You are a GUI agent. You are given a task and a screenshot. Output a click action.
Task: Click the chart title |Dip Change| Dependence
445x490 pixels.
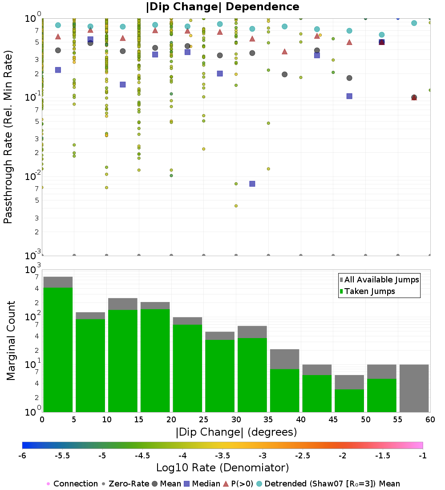(222, 7)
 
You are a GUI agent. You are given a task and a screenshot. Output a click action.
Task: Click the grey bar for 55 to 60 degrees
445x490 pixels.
(414, 388)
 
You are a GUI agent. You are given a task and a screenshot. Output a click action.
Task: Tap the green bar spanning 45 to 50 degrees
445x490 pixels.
(349, 400)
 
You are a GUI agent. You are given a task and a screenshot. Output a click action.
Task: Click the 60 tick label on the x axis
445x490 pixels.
(430, 419)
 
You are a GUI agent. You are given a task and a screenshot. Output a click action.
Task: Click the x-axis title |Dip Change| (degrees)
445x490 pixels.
(236, 432)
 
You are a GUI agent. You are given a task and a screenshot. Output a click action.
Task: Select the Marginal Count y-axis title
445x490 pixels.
(11, 341)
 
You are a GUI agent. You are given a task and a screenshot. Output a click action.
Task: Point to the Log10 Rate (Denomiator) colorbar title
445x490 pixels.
(222, 467)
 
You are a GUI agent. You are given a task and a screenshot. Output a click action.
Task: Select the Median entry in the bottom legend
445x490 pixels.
(202, 484)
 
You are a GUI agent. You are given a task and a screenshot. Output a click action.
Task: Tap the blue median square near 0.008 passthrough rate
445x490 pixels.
(252, 184)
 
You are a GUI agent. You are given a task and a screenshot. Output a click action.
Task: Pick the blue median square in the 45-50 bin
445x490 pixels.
(349, 96)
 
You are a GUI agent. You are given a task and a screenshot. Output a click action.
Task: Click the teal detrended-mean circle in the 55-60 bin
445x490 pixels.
(414, 23)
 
